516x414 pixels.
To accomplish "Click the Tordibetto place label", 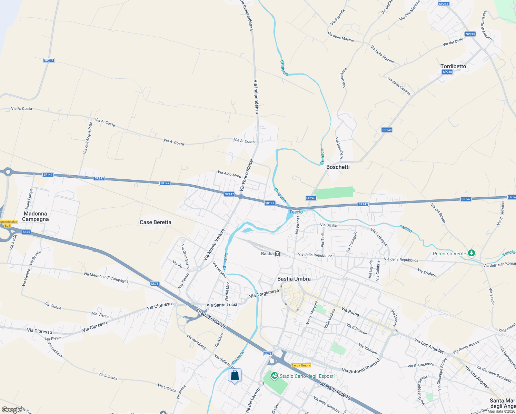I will pos(453,66).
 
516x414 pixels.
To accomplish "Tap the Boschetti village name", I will pos(338,167).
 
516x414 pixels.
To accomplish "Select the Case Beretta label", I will pos(155,222).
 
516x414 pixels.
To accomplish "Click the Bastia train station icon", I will pos(277,254).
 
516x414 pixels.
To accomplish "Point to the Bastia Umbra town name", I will pos(294,279).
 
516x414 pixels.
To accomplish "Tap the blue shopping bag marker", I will pos(235,375).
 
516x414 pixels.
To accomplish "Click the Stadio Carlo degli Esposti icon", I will pos(275,376).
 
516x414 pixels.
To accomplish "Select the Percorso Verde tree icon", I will pos(472,253).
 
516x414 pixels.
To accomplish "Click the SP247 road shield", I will pos(49,60).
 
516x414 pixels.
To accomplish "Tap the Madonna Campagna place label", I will pos(36,216).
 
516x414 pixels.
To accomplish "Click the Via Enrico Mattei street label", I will pos(247,175).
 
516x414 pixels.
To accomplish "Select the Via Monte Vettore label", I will pos(214,245).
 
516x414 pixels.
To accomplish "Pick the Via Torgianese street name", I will pos(264,294).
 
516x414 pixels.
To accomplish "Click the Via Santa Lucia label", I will pos(222,305).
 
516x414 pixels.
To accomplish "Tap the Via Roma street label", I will pos(350,312).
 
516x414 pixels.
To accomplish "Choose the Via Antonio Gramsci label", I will pos(361,365).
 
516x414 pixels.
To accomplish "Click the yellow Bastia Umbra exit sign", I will pos(301,365).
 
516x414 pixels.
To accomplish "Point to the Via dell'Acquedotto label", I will pos(88,137).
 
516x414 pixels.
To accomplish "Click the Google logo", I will pos(11,410).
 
